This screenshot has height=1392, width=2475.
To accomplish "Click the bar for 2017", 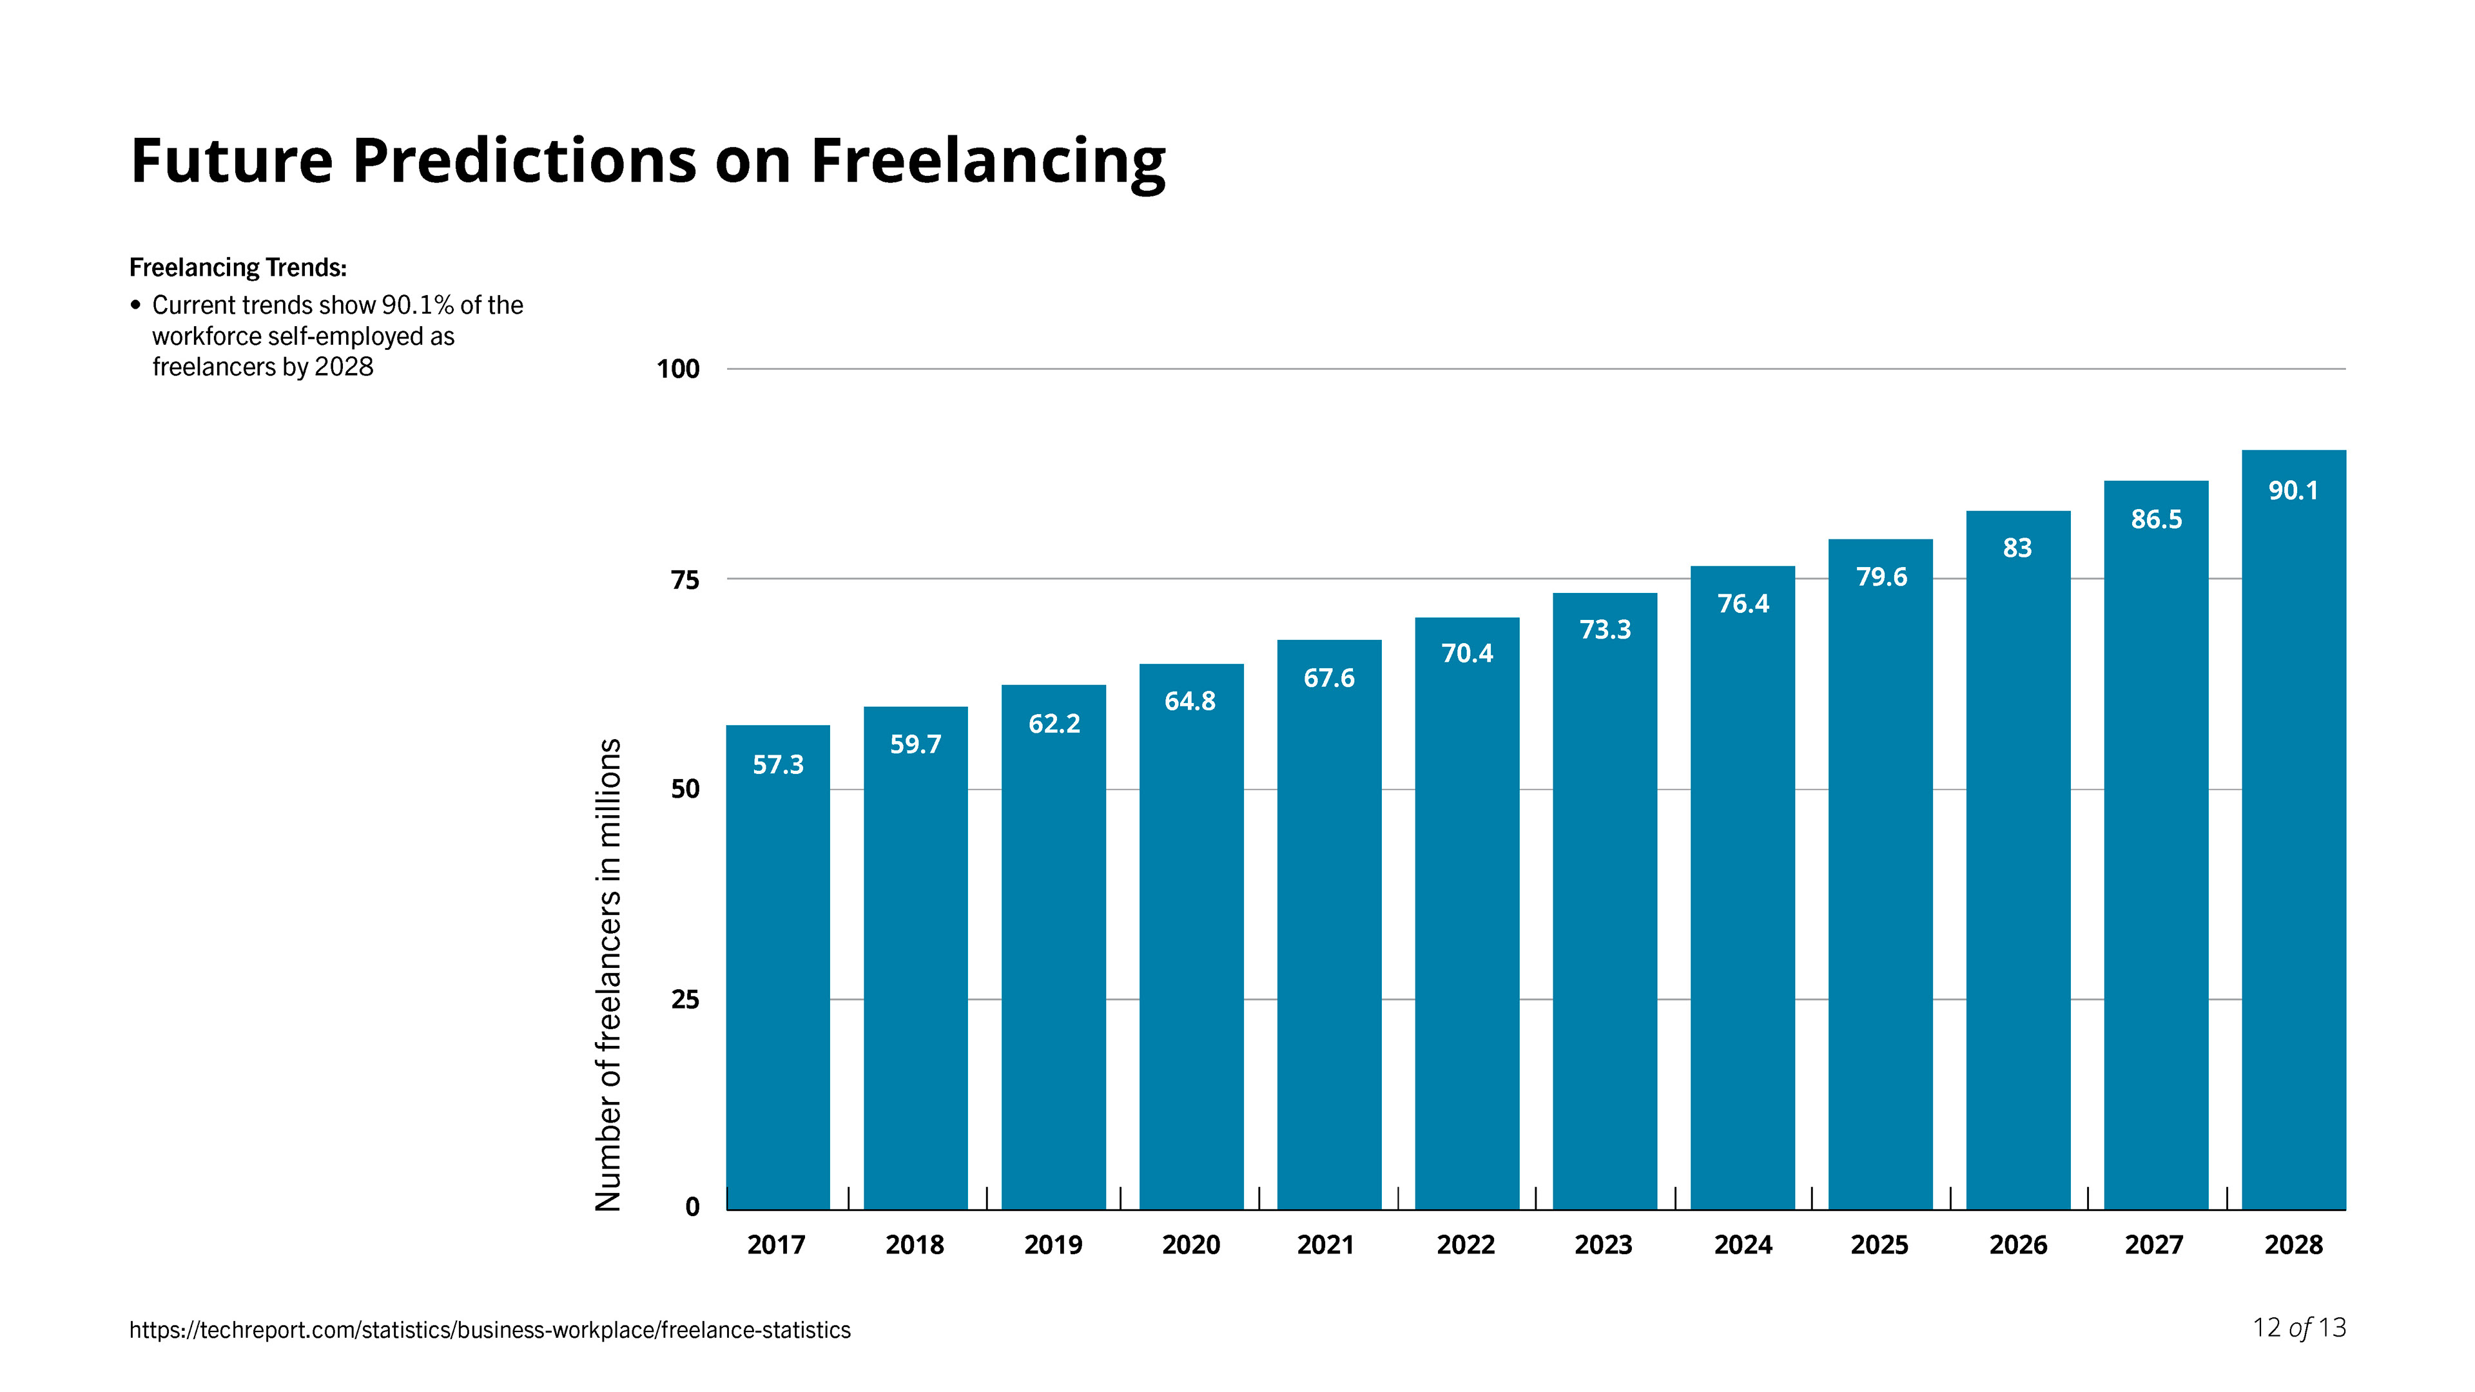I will tap(777, 971).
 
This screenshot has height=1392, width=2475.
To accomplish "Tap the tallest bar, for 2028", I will tap(2293, 836).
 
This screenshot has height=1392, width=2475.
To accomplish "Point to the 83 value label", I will tap(2017, 548).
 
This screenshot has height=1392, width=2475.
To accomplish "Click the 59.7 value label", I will tap(915, 744).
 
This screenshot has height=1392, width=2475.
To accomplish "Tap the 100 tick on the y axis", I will tap(677, 369).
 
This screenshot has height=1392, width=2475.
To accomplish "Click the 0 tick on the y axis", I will tap(692, 1208).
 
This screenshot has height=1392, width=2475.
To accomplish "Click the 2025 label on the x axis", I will tap(1879, 1245).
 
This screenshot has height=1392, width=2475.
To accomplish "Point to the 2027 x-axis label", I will tap(2154, 1245).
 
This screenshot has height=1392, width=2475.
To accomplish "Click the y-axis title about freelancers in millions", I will tap(608, 974).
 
